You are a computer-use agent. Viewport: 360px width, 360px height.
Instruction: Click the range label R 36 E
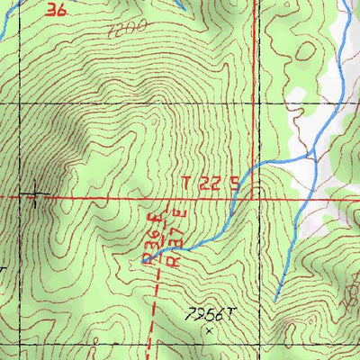pyautogui.click(x=152, y=238)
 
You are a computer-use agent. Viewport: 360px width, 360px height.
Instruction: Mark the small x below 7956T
pyautogui.click(x=210, y=330)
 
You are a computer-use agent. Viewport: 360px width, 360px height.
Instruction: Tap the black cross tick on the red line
pyautogui.click(x=35, y=195)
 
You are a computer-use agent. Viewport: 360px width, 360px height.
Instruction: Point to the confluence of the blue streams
pyautogui.click(x=311, y=157)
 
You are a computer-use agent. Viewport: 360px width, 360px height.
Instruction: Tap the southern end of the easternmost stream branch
pyautogui.click(x=275, y=298)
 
